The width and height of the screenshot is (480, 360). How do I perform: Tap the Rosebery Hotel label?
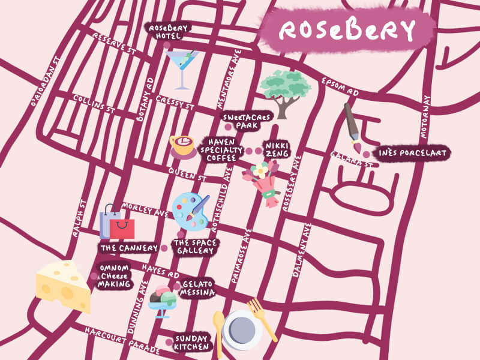coord(169,32)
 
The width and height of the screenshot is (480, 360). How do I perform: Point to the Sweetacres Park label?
coord(247,121)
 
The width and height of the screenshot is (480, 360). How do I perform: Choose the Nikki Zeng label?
coord(277,150)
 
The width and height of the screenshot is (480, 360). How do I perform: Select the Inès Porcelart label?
coord(412,154)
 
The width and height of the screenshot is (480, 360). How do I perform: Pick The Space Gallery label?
coord(195,247)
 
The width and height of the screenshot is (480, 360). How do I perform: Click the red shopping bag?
coord(122,227)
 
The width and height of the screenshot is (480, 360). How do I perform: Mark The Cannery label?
coord(128,247)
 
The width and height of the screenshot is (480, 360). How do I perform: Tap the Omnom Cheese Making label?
coord(114,276)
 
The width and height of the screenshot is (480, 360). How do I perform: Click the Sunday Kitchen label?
coord(192,343)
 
